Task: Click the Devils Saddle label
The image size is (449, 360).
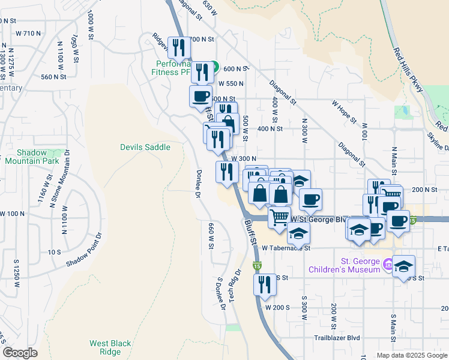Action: (145, 147)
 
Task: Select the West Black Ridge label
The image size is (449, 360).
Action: (110, 347)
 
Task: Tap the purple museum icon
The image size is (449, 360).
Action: (388, 263)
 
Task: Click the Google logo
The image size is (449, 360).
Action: (20, 352)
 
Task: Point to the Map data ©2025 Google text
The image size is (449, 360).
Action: (411, 355)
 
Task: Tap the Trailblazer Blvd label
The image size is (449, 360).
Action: (337, 338)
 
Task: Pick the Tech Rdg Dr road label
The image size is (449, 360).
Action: (234, 285)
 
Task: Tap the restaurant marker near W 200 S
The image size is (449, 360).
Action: (265, 284)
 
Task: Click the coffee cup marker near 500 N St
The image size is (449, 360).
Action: (201, 95)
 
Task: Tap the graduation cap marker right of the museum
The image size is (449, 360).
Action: (404, 265)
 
